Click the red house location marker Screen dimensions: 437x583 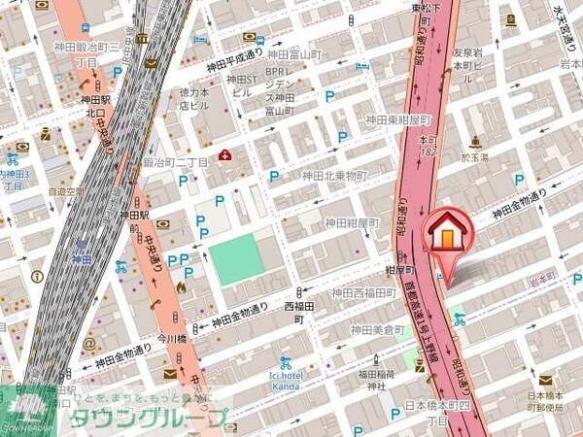447,237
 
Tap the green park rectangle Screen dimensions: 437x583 237,257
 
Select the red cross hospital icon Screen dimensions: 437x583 225,154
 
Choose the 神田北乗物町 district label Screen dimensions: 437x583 335,176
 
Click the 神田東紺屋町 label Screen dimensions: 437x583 396,119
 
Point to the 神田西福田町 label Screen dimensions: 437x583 364,292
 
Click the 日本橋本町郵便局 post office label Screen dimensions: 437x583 547,400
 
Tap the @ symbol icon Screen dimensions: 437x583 88,343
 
